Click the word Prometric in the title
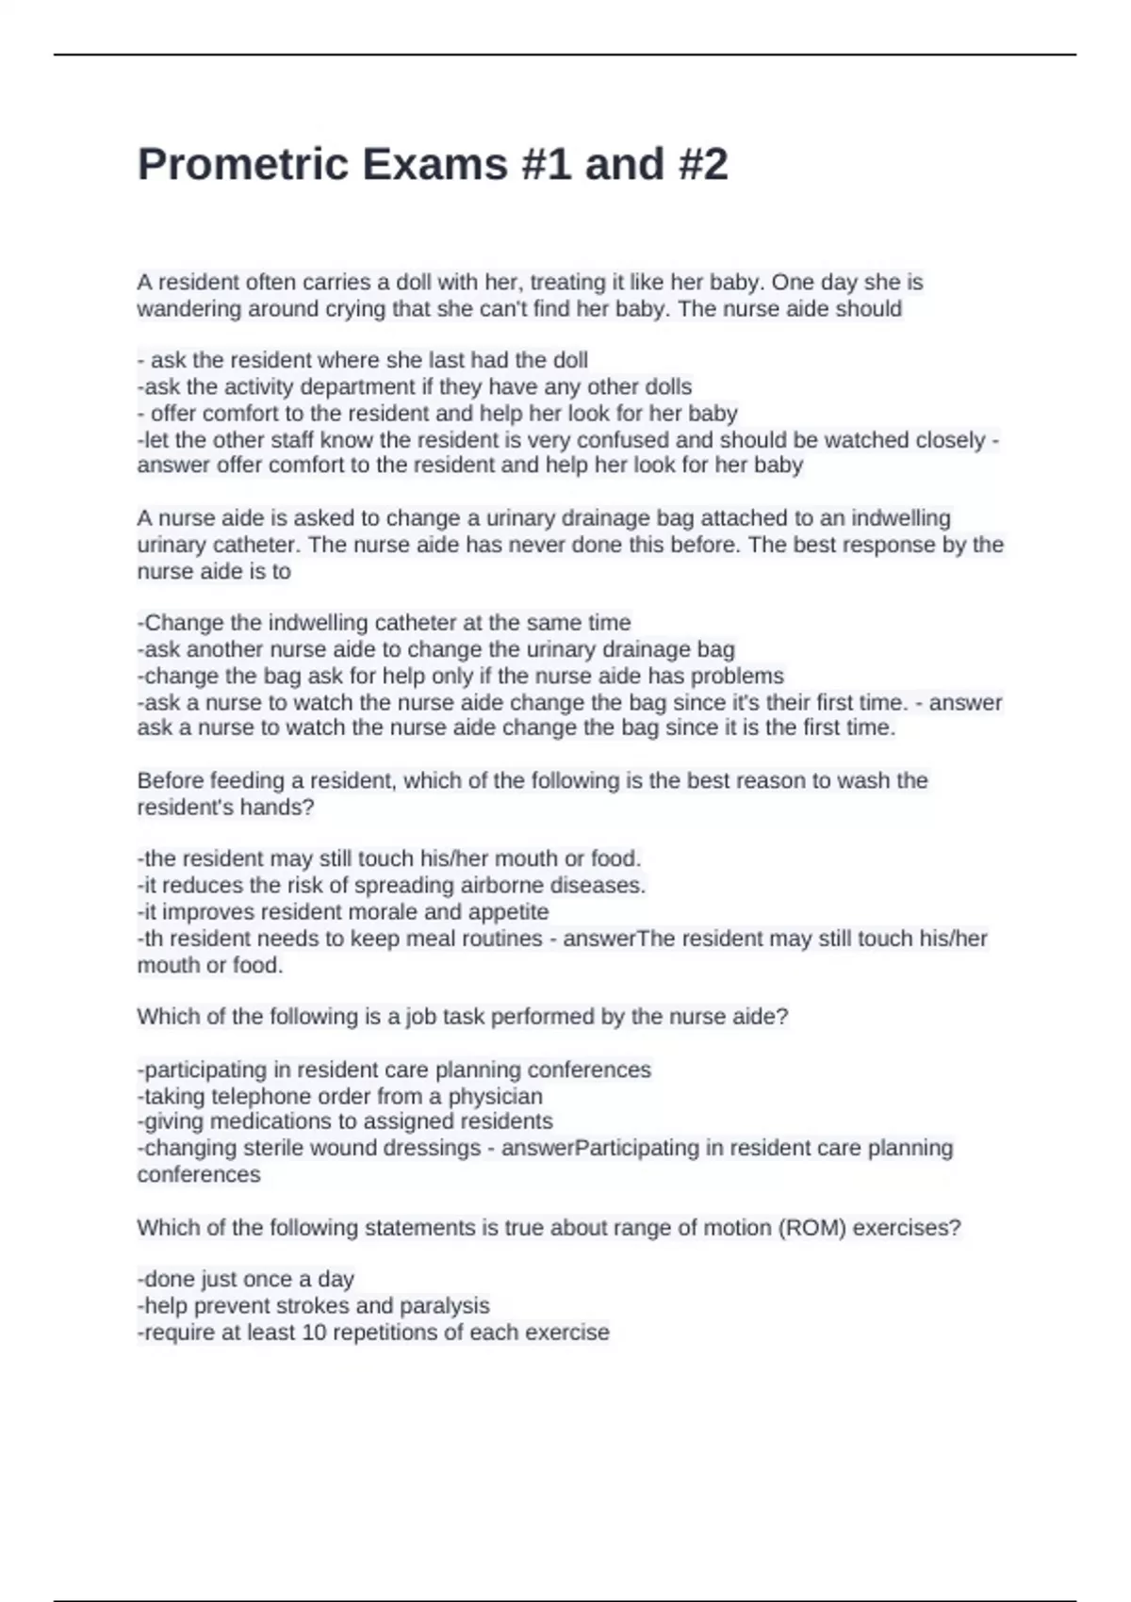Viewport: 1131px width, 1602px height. [243, 165]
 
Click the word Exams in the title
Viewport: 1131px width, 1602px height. [435, 165]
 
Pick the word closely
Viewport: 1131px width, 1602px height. [946, 440]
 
